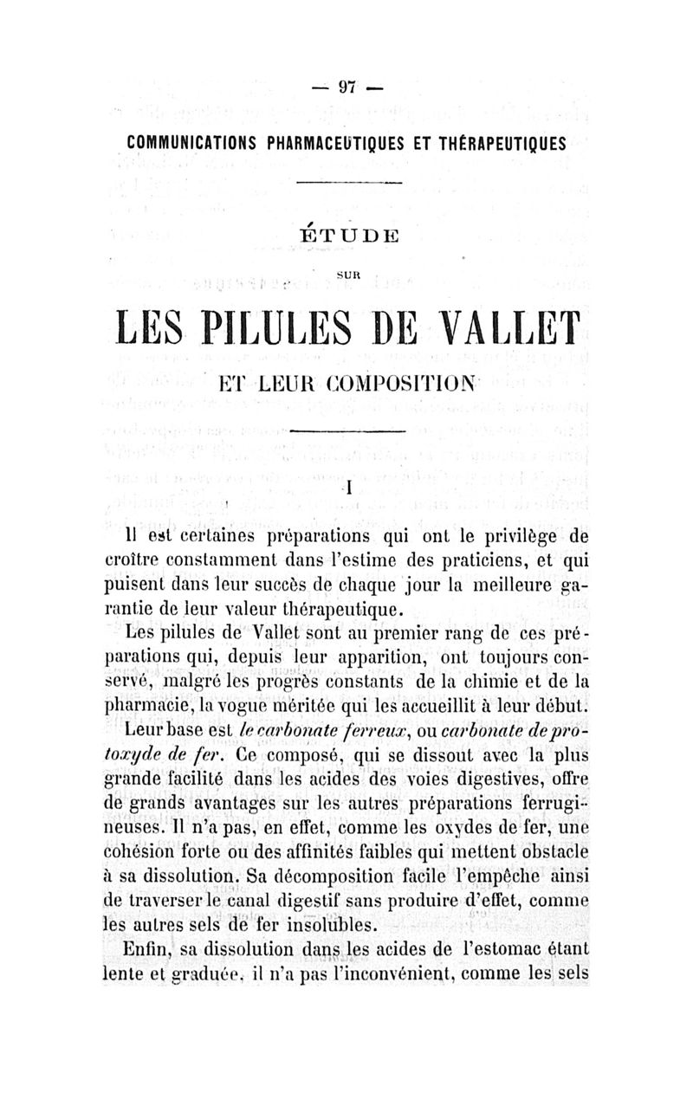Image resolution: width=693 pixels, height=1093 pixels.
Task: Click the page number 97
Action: (347, 87)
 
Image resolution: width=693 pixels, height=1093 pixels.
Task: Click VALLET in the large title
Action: (500, 327)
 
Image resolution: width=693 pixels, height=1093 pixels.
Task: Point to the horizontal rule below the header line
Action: (349, 183)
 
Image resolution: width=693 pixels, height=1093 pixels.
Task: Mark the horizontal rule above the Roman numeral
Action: (349, 430)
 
